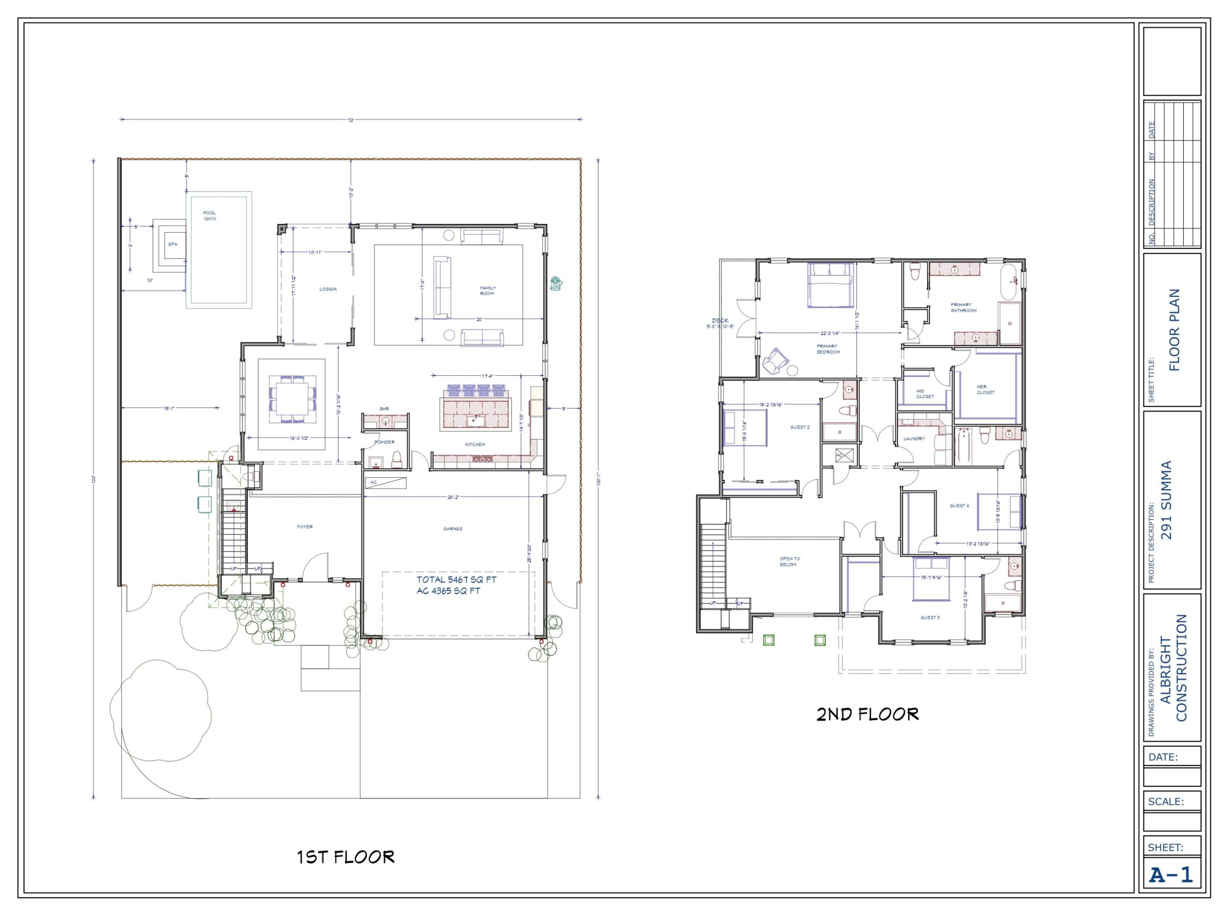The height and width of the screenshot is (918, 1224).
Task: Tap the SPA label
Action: click(x=173, y=244)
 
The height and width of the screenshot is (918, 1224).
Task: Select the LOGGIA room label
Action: click(x=328, y=289)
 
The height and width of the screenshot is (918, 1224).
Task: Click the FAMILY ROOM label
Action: click(x=487, y=291)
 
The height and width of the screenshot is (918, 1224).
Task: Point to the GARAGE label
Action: click(x=453, y=528)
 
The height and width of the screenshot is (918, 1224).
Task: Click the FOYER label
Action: click(x=305, y=527)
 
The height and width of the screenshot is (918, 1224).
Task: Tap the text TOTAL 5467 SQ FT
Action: click(x=456, y=579)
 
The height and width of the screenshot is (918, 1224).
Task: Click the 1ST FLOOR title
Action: click(x=346, y=857)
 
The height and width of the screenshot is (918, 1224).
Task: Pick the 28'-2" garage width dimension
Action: click(x=453, y=497)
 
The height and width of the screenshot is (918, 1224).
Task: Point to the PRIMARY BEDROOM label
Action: click(x=828, y=348)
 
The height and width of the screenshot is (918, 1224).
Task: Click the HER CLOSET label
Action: click(x=986, y=390)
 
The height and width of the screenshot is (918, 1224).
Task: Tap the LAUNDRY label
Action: click(x=914, y=438)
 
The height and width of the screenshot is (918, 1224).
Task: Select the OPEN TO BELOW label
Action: click(x=790, y=562)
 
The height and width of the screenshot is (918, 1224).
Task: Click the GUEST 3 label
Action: click(x=930, y=618)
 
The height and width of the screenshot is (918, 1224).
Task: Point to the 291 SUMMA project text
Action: click(x=1167, y=500)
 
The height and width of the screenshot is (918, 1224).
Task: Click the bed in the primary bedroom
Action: click(x=830, y=286)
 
